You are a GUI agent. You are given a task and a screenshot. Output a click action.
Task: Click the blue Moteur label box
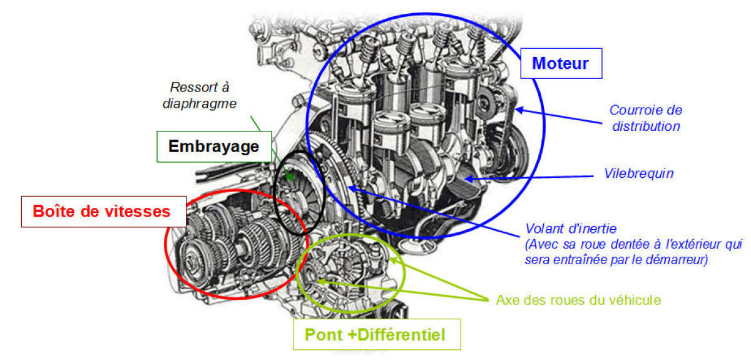coord(561,63)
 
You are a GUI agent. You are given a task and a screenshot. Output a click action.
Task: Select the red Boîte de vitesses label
coord(104,212)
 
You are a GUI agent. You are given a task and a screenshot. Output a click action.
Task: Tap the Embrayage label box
coord(214,147)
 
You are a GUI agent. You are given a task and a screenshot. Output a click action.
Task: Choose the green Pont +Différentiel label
coord(377,334)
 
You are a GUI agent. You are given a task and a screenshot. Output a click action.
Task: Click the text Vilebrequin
coord(639,173)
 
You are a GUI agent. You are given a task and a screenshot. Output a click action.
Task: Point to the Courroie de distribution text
coord(646,118)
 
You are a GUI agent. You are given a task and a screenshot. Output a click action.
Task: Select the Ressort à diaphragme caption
coord(200,95)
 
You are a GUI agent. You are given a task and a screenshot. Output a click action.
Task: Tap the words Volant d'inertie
coord(571,229)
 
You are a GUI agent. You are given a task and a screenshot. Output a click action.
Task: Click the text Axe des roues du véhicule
coord(578,300)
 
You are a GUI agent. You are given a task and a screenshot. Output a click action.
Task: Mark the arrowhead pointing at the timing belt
coord(519,110)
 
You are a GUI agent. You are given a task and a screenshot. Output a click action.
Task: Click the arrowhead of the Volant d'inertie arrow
coord(352,188)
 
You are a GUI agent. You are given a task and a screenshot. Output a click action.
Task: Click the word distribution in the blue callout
coord(646,126)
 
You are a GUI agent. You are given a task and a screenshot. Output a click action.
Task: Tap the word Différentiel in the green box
coord(401,334)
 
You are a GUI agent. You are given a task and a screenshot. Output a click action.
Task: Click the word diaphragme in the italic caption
coord(200,104)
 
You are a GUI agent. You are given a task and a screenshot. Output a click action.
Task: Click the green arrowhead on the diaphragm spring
coord(290,177)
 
